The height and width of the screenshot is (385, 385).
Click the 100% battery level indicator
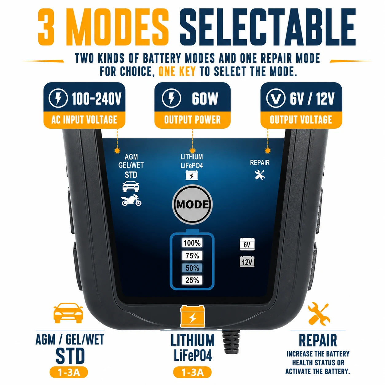point(192,243)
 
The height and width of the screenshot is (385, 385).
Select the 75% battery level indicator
point(192,255)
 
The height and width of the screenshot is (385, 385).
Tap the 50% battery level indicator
point(192,268)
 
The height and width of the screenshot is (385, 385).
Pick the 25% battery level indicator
point(192,280)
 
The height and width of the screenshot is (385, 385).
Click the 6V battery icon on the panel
point(247,244)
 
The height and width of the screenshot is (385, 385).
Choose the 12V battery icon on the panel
point(247,262)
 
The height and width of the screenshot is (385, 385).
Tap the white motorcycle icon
point(131,200)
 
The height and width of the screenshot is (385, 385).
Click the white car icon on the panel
point(131,186)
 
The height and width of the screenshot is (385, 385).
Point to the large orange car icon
point(68,313)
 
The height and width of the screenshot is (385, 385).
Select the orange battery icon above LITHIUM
point(192,317)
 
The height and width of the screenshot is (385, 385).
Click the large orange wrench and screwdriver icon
point(318,314)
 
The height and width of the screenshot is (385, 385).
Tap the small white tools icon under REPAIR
point(260,175)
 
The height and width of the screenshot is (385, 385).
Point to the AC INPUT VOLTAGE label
point(84,120)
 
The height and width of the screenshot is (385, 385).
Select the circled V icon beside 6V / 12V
point(276,98)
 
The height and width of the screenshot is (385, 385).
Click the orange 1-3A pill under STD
point(68,372)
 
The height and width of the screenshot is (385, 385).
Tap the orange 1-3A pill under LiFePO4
point(192,372)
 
